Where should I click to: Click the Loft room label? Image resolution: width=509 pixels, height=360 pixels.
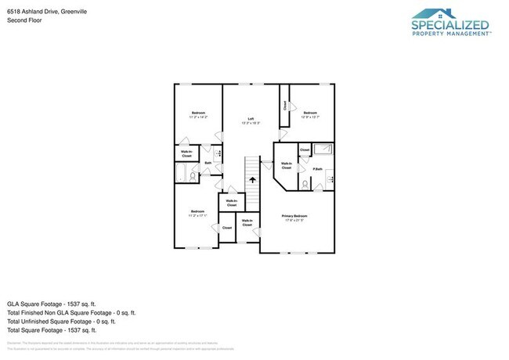point(251,118)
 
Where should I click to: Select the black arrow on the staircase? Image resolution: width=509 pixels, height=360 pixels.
point(252,178)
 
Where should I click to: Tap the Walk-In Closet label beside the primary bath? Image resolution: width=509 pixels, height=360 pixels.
point(287,165)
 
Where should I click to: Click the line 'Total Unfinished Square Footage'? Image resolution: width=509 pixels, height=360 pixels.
point(61,321)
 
